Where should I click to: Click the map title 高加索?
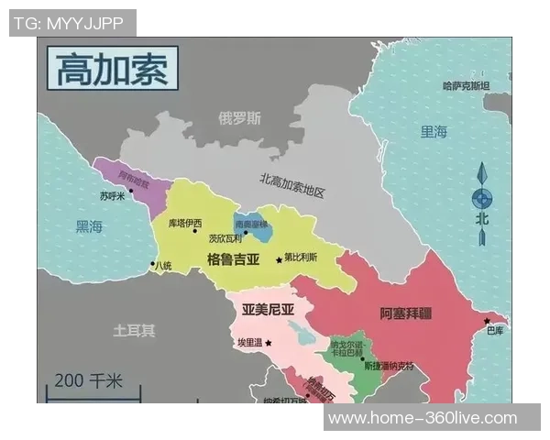pyautogui.click(x=112, y=70)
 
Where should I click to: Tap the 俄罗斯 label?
pyautogui.click(x=239, y=119)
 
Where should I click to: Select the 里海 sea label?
pyautogui.click(x=434, y=132)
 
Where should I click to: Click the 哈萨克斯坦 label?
pyautogui.click(x=466, y=86)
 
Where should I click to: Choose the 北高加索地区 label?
pyautogui.click(x=292, y=186)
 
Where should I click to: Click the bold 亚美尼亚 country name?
pyautogui.click(x=268, y=310)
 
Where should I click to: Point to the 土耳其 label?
pyautogui.click(x=134, y=329)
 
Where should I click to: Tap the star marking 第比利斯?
pyautogui.click(x=279, y=259)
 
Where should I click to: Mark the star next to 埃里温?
pyautogui.click(x=269, y=342)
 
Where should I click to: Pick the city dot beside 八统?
pyautogui.click(x=152, y=264)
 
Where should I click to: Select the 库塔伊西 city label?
pyautogui.click(x=187, y=223)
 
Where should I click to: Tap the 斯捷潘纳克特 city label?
pyautogui.click(x=389, y=366)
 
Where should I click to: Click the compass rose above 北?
pyautogui.click(x=481, y=198)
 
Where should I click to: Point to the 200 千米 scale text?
pyautogui.click(x=88, y=380)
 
